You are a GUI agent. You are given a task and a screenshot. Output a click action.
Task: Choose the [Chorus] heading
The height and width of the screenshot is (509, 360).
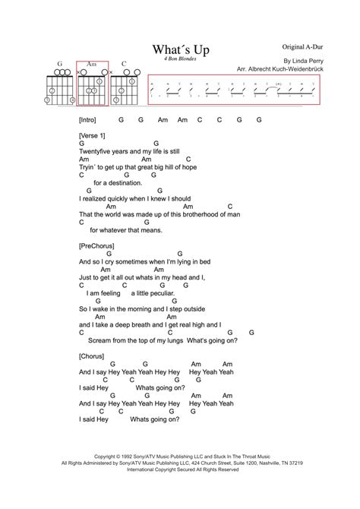93,354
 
